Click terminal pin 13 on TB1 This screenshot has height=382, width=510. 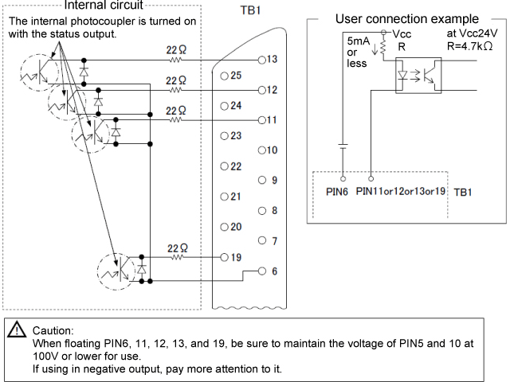click(263, 60)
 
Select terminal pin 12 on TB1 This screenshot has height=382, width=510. click(263, 90)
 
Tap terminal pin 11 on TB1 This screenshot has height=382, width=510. click(263, 120)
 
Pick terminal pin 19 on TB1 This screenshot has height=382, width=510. click(225, 258)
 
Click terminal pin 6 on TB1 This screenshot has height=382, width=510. click(264, 271)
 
